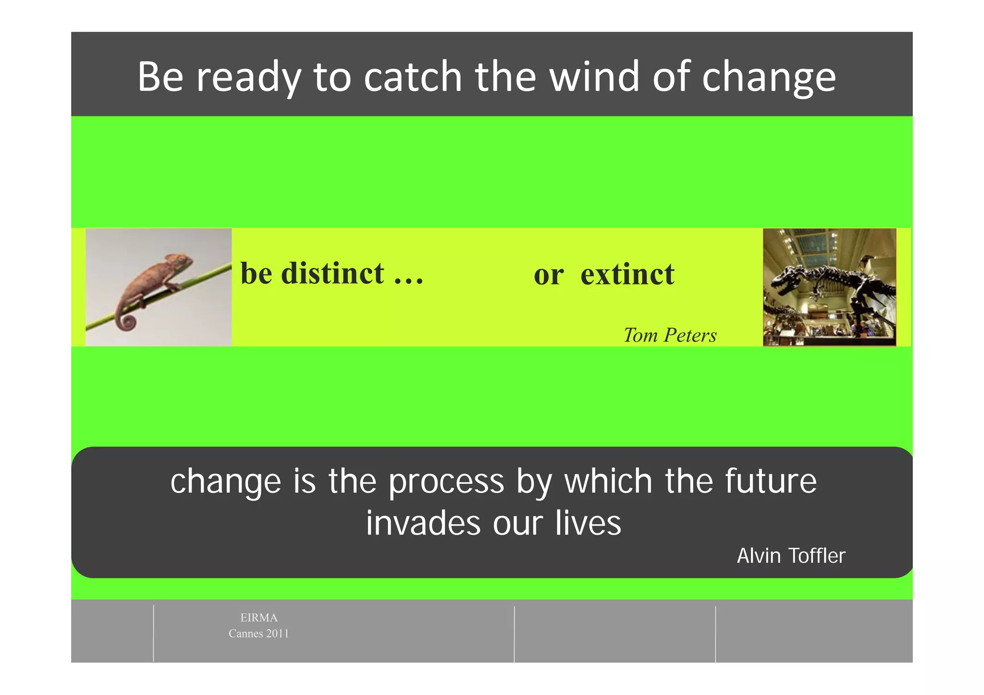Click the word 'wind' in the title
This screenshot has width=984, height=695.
[x=595, y=77]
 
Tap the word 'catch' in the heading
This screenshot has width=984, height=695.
[x=413, y=77]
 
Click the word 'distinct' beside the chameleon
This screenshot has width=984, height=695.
[x=332, y=274]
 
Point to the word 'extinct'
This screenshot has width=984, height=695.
[x=627, y=275]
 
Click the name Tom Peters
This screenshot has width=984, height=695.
[x=670, y=335]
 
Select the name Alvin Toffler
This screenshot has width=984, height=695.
[x=791, y=556]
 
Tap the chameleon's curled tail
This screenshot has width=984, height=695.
[x=127, y=321]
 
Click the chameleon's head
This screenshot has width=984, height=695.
[x=181, y=263]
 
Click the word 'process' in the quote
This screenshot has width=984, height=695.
[x=446, y=482]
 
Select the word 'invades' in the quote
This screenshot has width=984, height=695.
[x=423, y=523]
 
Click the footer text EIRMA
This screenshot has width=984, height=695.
[x=258, y=618]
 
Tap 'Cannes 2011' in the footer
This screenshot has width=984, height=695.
[x=258, y=634]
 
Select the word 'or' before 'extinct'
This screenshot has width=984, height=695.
[x=548, y=276]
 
